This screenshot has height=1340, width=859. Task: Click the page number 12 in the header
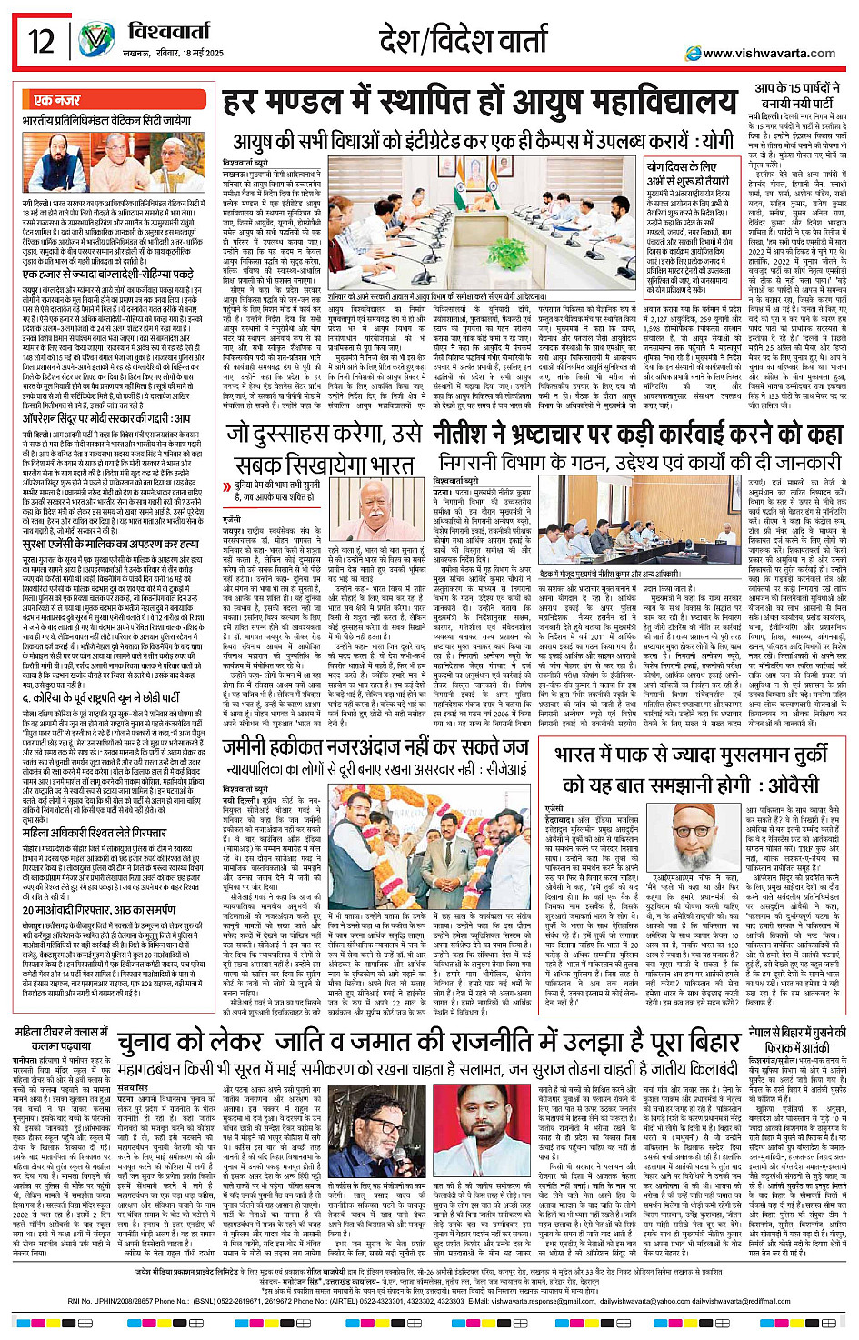(x=41, y=42)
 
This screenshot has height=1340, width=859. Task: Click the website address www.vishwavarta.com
(x=769, y=54)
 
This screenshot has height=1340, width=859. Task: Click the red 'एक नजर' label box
(x=57, y=100)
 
